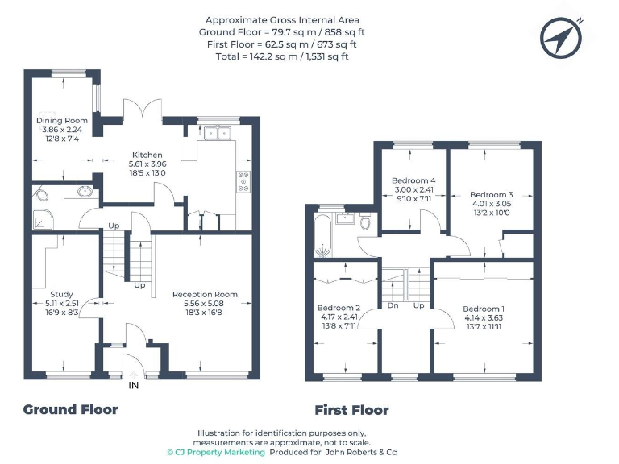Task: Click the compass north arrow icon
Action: click(x=559, y=35)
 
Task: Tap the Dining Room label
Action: click(x=62, y=121)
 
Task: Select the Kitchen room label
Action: click(x=147, y=155)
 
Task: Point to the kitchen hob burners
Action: click(x=243, y=182)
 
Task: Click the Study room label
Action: click(x=61, y=294)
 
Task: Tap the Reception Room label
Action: click(x=205, y=294)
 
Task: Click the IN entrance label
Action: click(x=133, y=386)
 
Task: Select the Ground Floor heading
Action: click(x=70, y=409)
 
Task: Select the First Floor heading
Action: click(x=351, y=410)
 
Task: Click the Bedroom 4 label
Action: click(x=413, y=180)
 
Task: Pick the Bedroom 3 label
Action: click(x=491, y=195)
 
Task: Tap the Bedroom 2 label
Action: click(x=339, y=308)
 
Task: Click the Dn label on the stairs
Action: click(x=393, y=305)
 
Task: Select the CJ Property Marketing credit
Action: click(x=216, y=453)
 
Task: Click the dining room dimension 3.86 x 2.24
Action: click(x=62, y=130)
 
